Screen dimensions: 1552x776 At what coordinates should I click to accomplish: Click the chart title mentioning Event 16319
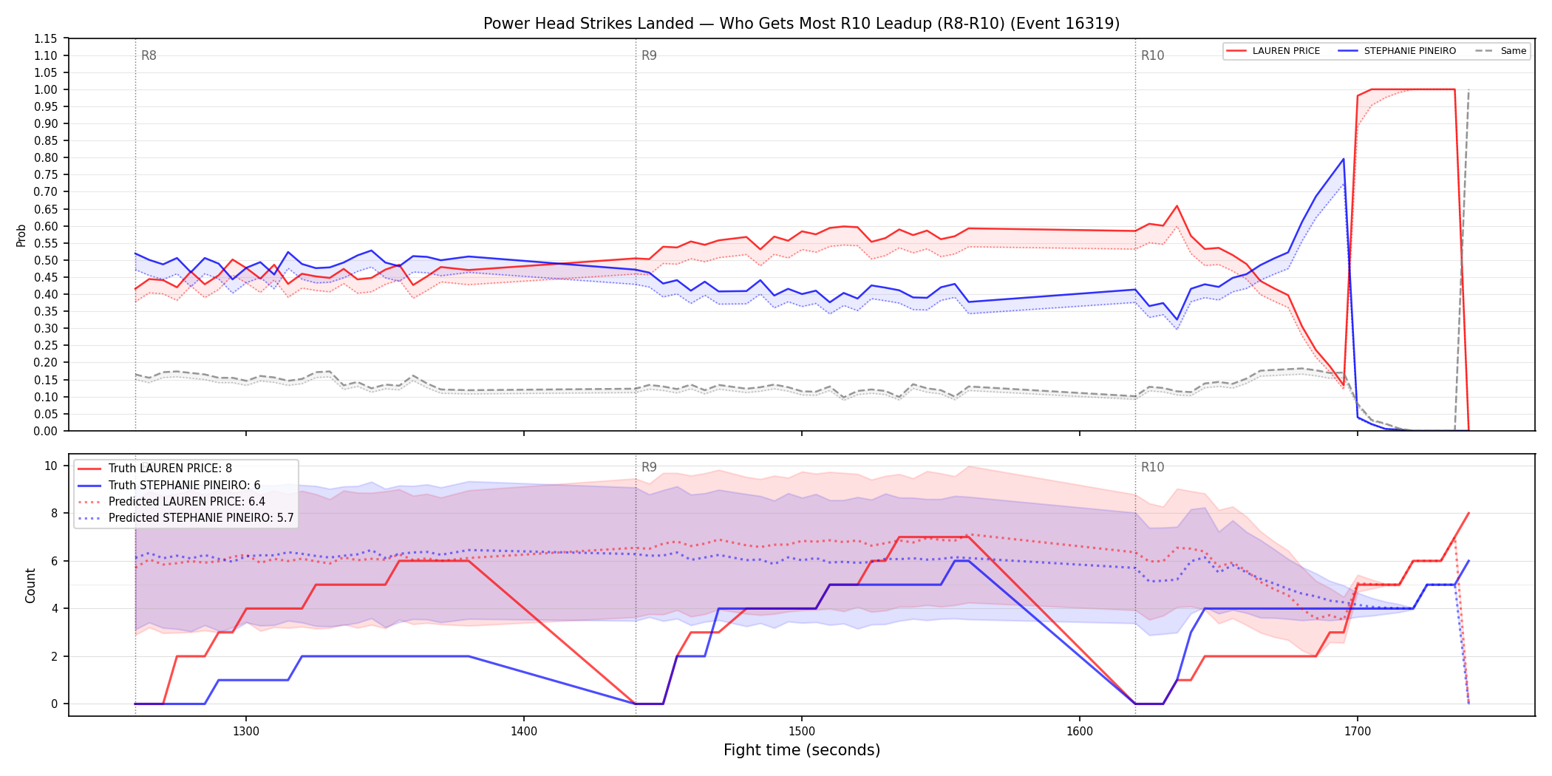(801, 24)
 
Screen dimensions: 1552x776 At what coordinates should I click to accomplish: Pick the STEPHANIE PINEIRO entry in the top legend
(1397, 51)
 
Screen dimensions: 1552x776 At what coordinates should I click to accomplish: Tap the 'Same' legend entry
(1501, 51)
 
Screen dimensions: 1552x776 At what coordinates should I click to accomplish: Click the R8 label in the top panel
(149, 55)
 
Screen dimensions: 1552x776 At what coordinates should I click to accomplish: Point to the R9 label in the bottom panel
(649, 467)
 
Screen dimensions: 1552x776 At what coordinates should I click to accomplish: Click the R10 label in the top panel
(1152, 55)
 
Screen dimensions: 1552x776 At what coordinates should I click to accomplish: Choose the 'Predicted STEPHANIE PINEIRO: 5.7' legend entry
(186, 518)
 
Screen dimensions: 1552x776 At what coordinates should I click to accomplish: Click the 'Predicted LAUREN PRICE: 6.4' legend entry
(171, 502)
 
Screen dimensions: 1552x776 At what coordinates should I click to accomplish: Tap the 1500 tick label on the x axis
(802, 732)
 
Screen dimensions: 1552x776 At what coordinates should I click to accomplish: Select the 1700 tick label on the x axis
(1358, 732)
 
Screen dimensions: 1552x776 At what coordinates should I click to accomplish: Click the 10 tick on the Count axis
(51, 466)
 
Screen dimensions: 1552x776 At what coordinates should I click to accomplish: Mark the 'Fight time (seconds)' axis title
(802, 750)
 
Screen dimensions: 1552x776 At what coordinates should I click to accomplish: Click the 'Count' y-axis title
(30, 585)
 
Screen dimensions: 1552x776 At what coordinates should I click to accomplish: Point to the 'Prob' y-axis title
(21, 235)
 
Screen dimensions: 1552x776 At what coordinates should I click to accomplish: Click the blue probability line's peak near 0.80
(1344, 159)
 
